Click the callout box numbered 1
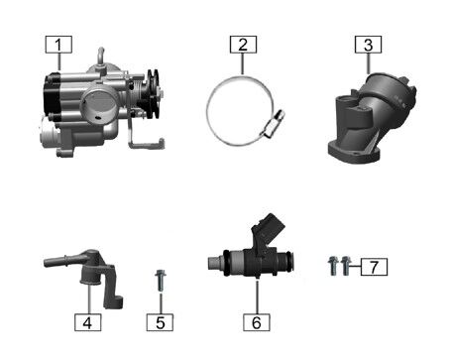(58, 45)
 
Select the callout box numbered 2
(243, 45)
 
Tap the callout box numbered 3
(368, 45)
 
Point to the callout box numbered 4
(87, 322)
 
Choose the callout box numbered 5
(160, 322)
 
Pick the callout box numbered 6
(257, 322)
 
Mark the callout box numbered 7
(374, 267)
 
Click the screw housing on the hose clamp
(274, 124)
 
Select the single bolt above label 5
(161, 281)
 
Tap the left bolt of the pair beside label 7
(333, 266)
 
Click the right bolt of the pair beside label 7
(345, 266)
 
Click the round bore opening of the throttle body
(98, 104)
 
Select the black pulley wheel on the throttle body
(152, 93)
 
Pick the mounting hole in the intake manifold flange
(355, 154)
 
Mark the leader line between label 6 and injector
(257, 297)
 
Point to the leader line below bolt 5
(161, 302)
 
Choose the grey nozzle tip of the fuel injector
(215, 263)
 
